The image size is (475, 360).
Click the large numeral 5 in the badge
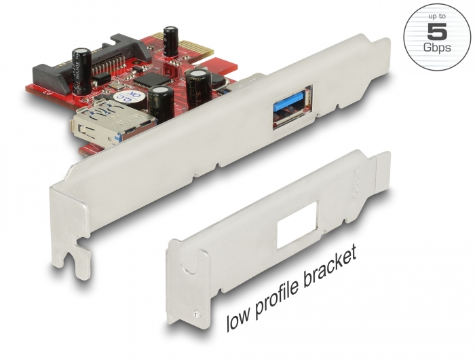click(x=437, y=31)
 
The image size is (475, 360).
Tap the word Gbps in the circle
click(x=437, y=48)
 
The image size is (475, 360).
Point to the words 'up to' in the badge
click(x=437, y=17)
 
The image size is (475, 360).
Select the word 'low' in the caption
click(x=240, y=320)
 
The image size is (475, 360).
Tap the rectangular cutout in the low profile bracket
click(x=297, y=224)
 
